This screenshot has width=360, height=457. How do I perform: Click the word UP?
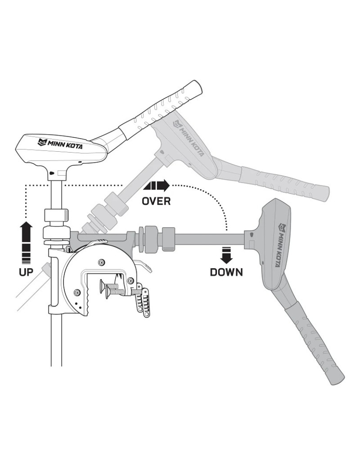[x=26, y=272]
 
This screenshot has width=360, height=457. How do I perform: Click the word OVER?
[x=156, y=201]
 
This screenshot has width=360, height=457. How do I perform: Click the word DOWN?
[x=226, y=272]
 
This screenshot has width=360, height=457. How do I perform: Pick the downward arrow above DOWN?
[x=226, y=255]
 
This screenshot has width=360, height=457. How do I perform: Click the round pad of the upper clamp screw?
[x=103, y=285]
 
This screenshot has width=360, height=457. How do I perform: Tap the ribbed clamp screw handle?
[x=143, y=301]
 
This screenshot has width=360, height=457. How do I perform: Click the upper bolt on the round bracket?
[x=101, y=262]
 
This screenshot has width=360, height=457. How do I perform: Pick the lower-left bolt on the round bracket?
[x=76, y=292]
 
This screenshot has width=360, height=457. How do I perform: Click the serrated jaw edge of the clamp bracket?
[x=86, y=300]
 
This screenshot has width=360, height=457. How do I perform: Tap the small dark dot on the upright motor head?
[x=52, y=173]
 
